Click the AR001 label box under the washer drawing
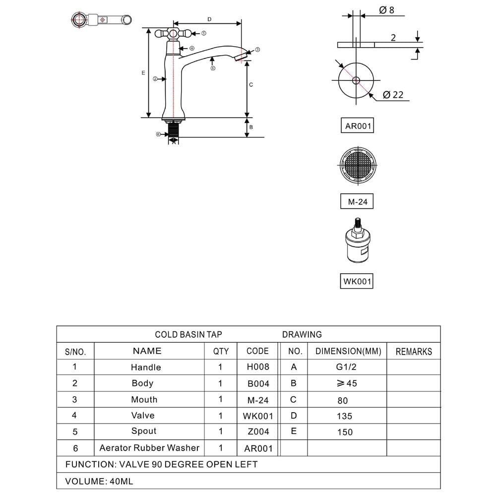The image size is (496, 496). [357, 125]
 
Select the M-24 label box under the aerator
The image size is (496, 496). [357, 201]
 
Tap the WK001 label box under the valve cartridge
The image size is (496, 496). [357, 281]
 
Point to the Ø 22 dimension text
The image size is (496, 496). [393, 95]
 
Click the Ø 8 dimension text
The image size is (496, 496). [386, 10]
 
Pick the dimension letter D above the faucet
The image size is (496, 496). [209, 19]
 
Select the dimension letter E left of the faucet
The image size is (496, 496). [143, 73]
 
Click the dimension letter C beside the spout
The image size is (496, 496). [251, 85]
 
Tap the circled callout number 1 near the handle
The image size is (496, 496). [204, 33]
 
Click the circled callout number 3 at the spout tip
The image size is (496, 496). [257, 50]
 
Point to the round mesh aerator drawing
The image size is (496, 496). [358, 165]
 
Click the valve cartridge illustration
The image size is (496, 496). [358, 241]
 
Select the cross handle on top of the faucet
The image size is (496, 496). [173, 33]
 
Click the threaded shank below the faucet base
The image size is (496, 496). [173, 131]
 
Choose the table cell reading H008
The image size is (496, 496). [257, 367]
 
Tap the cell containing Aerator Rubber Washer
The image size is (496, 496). [149, 448]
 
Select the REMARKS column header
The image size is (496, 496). [414, 351]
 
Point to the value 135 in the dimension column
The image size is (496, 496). [345, 416]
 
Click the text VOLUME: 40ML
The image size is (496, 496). [99, 481]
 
